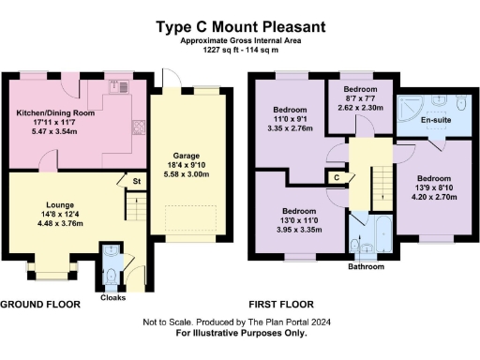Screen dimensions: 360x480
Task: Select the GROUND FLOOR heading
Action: click(x=43, y=305)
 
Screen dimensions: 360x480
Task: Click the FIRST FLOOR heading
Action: click(x=281, y=305)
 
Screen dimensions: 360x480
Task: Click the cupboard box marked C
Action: click(x=336, y=176)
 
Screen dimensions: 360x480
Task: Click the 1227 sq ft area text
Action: click(x=239, y=51)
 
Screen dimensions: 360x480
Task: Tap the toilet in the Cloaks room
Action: click(x=112, y=275)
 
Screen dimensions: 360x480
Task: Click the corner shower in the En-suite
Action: click(x=410, y=107)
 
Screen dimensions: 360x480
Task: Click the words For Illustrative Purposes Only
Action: click(x=240, y=334)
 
